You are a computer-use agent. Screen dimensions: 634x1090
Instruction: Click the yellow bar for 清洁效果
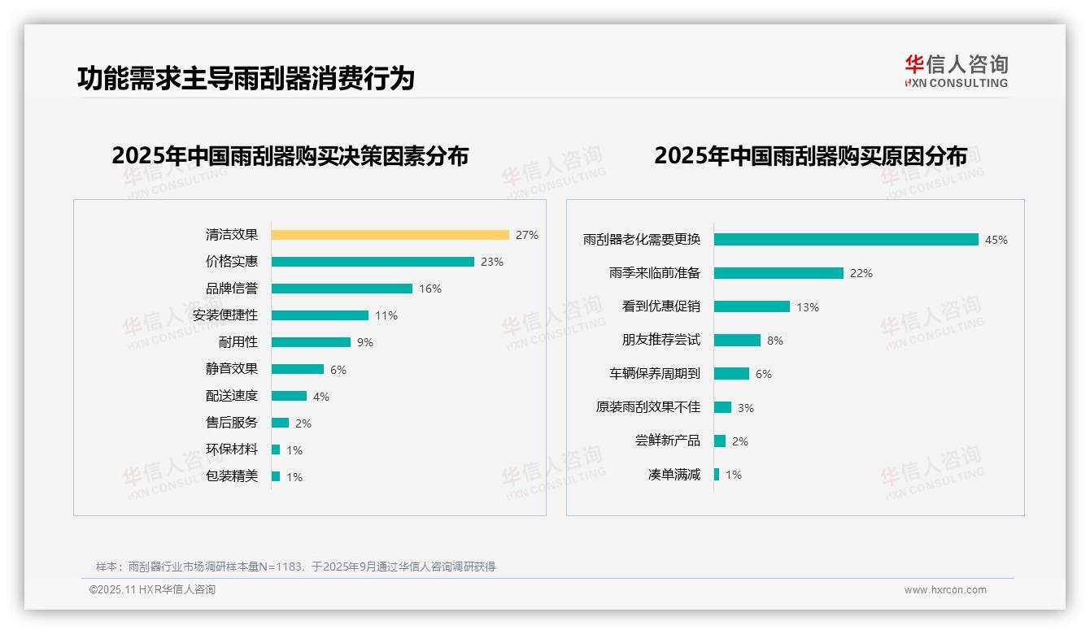tap(390, 235)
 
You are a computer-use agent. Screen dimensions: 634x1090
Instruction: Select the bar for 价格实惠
tap(373, 262)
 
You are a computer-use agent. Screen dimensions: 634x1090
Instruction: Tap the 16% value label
tap(430, 289)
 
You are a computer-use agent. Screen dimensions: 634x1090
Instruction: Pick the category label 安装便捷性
tap(225, 315)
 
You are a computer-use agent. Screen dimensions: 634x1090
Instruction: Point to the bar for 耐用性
tap(311, 342)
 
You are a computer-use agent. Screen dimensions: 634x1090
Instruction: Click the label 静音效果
tap(232, 369)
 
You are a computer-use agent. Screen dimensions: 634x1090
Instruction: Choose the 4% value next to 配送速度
tap(321, 397)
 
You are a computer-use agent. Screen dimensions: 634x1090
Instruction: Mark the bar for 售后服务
tap(280, 423)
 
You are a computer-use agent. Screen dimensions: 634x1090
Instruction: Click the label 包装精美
tap(232, 476)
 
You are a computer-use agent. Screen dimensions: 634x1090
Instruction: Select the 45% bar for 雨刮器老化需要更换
tap(846, 240)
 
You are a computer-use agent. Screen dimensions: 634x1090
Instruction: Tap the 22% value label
tap(861, 274)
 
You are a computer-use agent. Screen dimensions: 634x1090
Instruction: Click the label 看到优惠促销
tap(661, 306)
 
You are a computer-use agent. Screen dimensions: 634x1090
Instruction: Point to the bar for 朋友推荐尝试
tap(737, 341)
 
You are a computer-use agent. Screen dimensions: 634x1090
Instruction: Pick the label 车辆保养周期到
tap(655, 374)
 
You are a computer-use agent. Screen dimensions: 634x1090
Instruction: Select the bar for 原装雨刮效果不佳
tap(722, 407)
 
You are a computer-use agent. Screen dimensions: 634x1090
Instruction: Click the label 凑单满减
tap(674, 475)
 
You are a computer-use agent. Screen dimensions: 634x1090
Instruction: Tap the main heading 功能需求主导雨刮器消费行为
tap(246, 78)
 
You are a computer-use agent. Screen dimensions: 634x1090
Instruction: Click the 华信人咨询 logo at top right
tap(956, 71)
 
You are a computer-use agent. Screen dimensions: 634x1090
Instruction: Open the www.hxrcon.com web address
tap(945, 590)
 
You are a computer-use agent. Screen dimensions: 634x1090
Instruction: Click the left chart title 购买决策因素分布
tap(290, 156)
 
